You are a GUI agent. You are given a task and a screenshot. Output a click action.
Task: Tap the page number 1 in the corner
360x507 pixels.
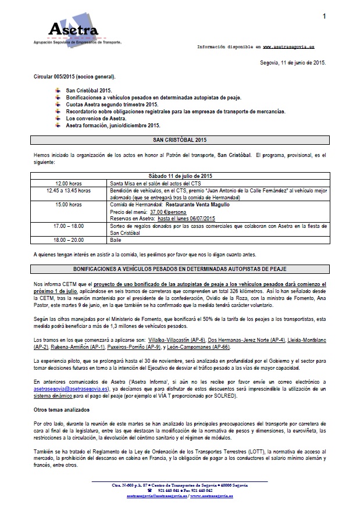[x=323, y=17]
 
